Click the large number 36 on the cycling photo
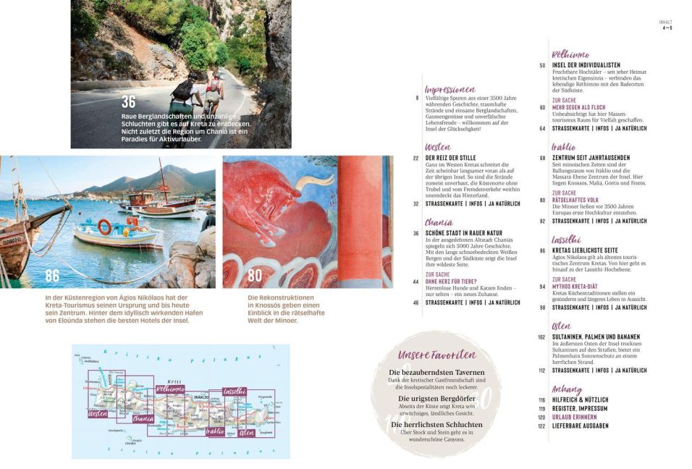tap(128, 101)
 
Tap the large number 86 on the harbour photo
tap(52, 275)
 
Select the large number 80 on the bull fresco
tap(255, 275)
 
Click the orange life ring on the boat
tap(105, 227)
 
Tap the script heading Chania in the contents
tap(439, 222)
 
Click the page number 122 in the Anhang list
tap(541, 426)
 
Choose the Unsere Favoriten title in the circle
tap(436, 355)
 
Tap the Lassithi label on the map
tap(235, 391)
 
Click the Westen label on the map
tap(98, 414)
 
